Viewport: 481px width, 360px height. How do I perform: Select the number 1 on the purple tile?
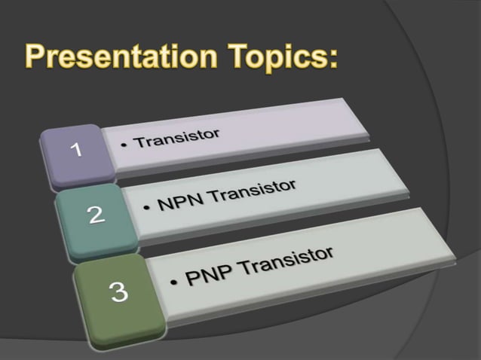pos(75,150)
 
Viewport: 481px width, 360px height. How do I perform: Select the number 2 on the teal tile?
pos(96,215)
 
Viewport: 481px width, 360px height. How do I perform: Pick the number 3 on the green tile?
pos(119,292)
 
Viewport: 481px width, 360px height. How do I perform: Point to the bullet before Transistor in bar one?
pos(124,145)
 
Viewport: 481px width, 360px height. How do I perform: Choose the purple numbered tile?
pos(73,156)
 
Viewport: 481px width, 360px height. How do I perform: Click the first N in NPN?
pos(164,204)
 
